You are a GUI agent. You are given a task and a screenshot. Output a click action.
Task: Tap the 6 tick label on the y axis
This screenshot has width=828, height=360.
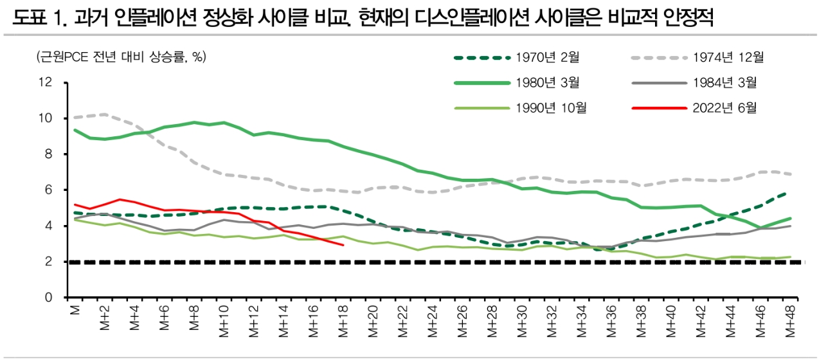point(47,190)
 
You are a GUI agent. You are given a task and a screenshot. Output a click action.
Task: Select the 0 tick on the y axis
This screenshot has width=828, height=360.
point(47,298)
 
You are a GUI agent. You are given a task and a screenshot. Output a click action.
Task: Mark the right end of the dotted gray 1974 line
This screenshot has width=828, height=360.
point(791,174)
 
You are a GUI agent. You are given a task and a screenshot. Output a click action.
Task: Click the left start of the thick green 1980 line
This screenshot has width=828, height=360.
point(75,130)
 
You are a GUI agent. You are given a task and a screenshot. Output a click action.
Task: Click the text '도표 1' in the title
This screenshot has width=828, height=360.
point(32,20)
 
